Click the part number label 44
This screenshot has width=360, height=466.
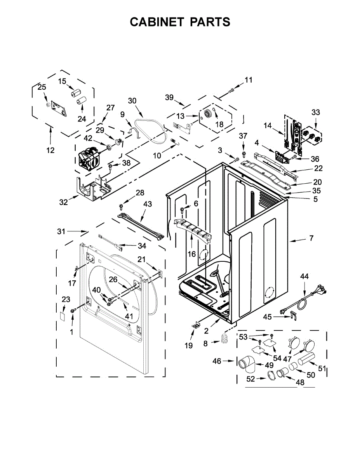[304, 276]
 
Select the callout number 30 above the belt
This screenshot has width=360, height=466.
[132, 101]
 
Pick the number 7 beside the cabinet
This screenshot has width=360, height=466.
[311, 238]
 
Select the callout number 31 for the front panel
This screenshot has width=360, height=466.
[61, 231]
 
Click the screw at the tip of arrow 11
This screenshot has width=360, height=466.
[231, 90]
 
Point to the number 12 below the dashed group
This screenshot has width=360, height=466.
[50, 150]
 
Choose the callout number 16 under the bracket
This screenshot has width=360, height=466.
[192, 254]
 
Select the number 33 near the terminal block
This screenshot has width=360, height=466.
[316, 113]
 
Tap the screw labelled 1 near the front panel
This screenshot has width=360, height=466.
[73, 311]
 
